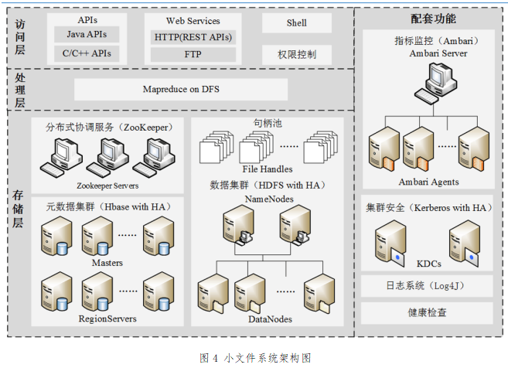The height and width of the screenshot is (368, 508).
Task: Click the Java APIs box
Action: (x=86, y=35)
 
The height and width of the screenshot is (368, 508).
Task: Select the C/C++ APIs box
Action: (x=86, y=53)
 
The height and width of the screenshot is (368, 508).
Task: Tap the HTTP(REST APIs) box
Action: (x=193, y=36)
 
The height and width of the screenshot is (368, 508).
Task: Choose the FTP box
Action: (x=193, y=55)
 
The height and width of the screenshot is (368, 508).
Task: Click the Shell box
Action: (x=296, y=23)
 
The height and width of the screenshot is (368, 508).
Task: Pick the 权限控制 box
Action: (x=296, y=55)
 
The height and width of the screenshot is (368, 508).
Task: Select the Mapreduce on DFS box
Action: (x=181, y=90)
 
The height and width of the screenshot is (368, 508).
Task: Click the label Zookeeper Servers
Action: (x=107, y=186)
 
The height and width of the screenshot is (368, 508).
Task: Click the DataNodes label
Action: (x=269, y=319)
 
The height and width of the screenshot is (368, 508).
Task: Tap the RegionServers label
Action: (x=107, y=319)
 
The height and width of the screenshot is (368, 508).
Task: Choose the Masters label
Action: (x=107, y=263)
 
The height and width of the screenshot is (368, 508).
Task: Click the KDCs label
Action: (x=428, y=263)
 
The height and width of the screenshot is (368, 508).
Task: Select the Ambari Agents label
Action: (x=428, y=182)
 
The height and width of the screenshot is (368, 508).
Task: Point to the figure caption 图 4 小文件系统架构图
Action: (x=255, y=358)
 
